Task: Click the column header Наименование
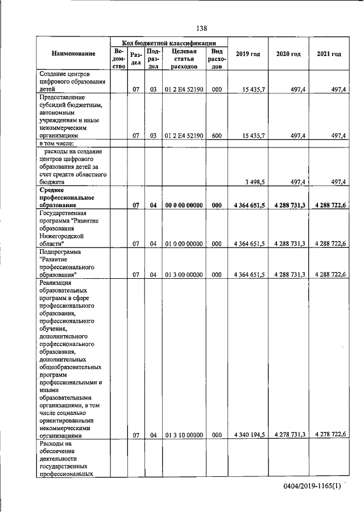(x=73, y=54)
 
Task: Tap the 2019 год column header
(x=247, y=54)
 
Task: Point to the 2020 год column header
(x=288, y=54)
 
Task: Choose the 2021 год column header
(x=329, y=54)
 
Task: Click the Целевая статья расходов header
(x=183, y=59)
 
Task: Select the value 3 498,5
(x=254, y=182)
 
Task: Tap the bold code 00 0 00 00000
(x=183, y=205)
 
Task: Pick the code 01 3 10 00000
(x=183, y=435)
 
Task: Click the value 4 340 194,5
(x=249, y=435)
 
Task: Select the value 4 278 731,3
(x=289, y=434)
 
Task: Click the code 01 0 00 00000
(x=183, y=244)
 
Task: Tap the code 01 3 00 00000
(x=183, y=274)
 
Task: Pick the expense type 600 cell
(x=216, y=136)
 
